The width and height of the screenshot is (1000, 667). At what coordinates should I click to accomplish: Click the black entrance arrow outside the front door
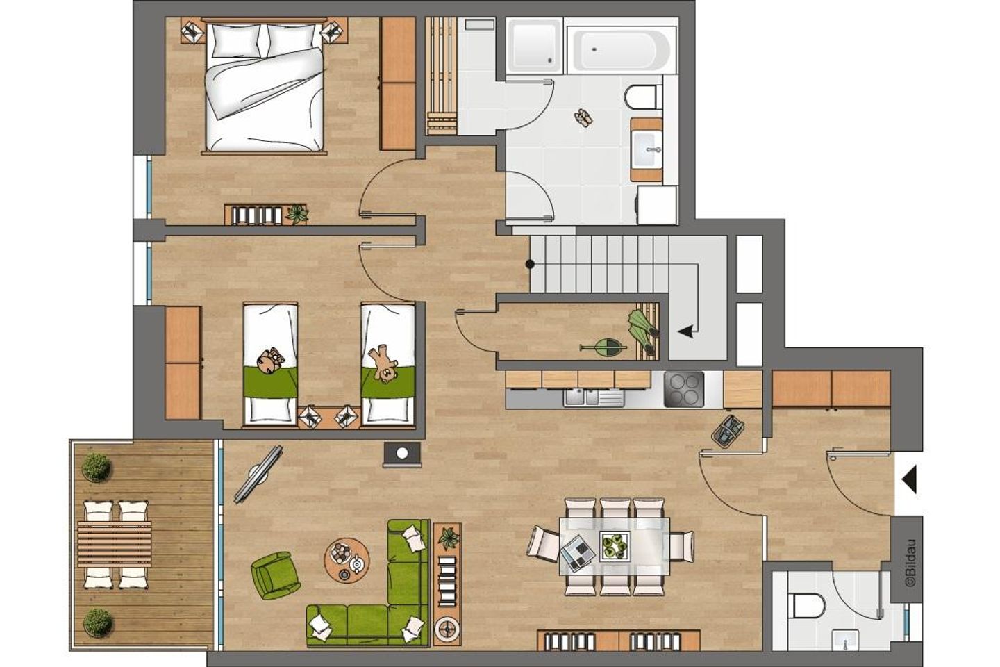(910, 480)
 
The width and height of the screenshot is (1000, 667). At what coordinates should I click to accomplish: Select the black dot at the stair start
(530, 264)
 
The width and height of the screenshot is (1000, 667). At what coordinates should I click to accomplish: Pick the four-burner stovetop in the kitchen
(684, 390)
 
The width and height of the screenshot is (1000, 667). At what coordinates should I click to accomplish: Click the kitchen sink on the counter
(593, 397)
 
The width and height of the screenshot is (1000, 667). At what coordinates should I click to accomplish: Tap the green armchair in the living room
(274, 575)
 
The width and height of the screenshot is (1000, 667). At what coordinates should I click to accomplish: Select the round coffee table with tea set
(347, 559)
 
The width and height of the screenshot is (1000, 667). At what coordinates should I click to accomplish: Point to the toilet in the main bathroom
(643, 97)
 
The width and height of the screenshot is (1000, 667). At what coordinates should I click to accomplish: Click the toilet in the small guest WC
(806, 605)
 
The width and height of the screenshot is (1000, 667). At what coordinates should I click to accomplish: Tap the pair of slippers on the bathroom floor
(584, 118)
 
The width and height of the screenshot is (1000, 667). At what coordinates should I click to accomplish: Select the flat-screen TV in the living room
(259, 475)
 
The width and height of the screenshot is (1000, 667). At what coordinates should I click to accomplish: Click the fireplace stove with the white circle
(402, 454)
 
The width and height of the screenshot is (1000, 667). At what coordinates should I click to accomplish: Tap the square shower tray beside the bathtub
(535, 46)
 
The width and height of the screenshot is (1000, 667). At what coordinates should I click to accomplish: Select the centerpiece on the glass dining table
(615, 545)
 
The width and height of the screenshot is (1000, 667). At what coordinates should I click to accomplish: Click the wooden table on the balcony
(115, 544)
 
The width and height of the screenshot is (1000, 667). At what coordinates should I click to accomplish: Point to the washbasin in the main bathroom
(647, 149)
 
